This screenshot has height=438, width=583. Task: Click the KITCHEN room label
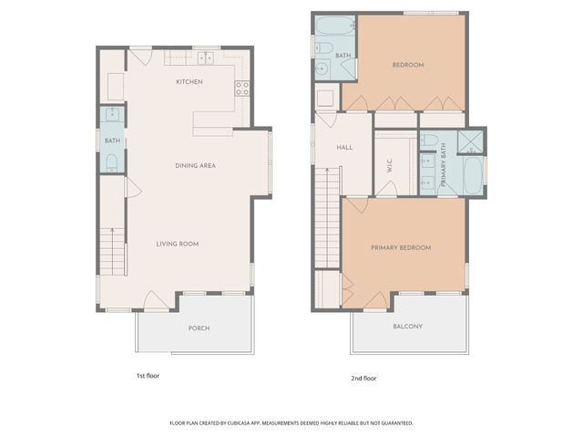(189, 82)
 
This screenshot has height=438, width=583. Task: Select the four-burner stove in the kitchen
(242, 89)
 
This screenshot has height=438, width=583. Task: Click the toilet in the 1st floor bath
(111, 162)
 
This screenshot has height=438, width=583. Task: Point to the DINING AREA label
(195, 165)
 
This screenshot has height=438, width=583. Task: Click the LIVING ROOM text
(177, 244)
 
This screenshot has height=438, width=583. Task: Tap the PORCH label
(199, 328)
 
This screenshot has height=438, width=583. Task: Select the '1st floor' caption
(148, 375)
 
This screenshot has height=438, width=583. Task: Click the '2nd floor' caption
(363, 378)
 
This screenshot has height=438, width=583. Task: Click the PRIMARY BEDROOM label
(401, 247)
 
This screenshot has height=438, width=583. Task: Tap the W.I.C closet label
(389, 166)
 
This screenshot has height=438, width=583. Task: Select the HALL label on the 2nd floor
(344, 147)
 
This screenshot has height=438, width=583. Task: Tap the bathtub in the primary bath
(472, 175)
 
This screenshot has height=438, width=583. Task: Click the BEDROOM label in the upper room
(408, 65)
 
